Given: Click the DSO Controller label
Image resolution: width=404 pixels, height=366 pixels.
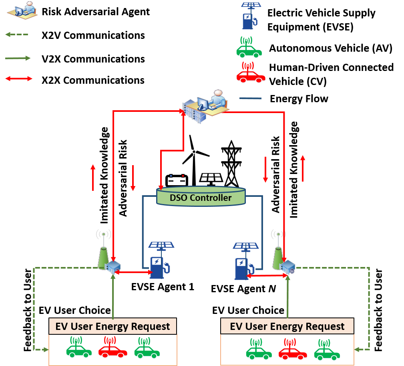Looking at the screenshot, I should pyautogui.click(x=201, y=198).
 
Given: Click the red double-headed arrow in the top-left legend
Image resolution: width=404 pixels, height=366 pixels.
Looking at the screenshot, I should pyautogui.click(x=19, y=79).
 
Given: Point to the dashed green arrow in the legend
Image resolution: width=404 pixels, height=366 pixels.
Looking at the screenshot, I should pyautogui.click(x=16, y=34).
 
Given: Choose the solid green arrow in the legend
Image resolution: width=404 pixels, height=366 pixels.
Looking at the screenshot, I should pyautogui.click(x=18, y=58).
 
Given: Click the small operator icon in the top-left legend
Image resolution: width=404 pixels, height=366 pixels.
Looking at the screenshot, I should pyautogui.click(x=22, y=10).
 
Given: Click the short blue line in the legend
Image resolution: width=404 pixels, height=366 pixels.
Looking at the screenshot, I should pyautogui.click(x=250, y=98).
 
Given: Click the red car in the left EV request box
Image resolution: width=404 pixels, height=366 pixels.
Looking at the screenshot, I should pyautogui.click(x=113, y=349).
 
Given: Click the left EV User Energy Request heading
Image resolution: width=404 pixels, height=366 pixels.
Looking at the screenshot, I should pyautogui.click(x=113, y=326).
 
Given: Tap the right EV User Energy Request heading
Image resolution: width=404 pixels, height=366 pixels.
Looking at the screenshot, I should pyautogui.click(x=287, y=326).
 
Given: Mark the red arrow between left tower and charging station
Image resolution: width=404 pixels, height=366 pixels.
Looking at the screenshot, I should pyautogui.click(x=134, y=273).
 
